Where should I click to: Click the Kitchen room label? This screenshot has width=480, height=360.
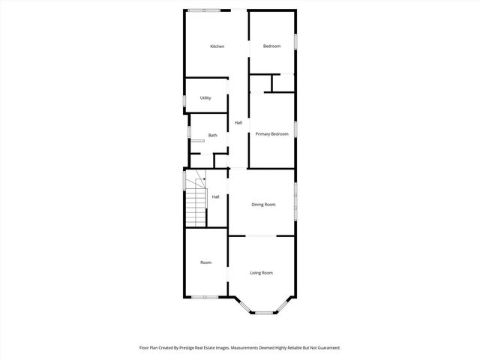(x=217, y=46)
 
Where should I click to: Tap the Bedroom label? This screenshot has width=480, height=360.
(x=271, y=46)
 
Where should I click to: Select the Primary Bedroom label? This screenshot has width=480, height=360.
(x=271, y=133)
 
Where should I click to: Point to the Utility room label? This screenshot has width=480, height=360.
(x=205, y=98)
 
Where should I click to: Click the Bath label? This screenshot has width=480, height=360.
(x=213, y=136)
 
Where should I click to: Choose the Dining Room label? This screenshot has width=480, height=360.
(x=263, y=205)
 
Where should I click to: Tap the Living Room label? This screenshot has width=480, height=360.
(x=261, y=273)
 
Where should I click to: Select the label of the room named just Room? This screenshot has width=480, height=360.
(x=205, y=262)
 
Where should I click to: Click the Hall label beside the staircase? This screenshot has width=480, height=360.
(x=215, y=197)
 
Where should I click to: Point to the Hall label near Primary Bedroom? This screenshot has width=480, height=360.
(x=238, y=123)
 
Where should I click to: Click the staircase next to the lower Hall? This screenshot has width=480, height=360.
(x=196, y=199)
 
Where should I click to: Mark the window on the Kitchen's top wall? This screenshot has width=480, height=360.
(x=204, y=10)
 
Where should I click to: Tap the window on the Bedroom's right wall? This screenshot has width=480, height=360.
(x=295, y=41)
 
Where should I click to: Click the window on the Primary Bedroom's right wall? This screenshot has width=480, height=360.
(x=295, y=130)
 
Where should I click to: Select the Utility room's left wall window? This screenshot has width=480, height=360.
(x=185, y=100)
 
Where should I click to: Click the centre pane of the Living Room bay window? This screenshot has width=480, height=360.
(x=262, y=312)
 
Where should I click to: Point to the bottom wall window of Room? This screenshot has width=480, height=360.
(x=204, y=297)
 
